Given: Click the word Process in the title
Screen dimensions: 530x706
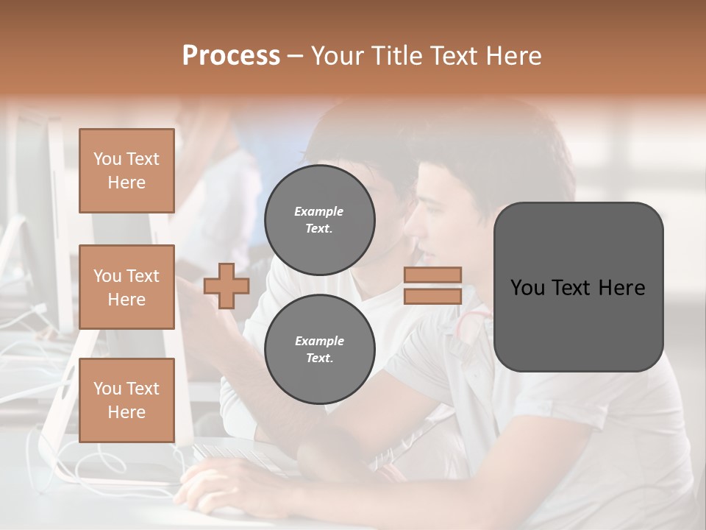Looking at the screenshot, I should (x=231, y=55).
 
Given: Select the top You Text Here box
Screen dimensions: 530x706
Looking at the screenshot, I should (x=126, y=171).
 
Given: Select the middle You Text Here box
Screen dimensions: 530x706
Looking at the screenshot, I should (x=126, y=287).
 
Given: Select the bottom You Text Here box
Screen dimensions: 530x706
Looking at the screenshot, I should (x=126, y=400).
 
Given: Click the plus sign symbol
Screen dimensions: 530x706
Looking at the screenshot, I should (x=227, y=286).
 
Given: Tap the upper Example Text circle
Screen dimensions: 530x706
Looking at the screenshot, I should (x=319, y=219).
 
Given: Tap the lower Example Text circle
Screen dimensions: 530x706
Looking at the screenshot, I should (x=319, y=349).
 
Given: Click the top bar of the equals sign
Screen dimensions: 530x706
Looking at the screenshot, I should (x=432, y=275).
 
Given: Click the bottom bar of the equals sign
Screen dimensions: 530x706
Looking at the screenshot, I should (x=432, y=296).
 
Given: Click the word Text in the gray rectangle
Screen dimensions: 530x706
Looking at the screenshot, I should (x=577, y=287).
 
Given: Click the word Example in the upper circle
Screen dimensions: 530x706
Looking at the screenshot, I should (x=318, y=211).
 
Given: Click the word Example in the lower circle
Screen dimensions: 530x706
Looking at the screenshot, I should (x=318, y=341).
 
